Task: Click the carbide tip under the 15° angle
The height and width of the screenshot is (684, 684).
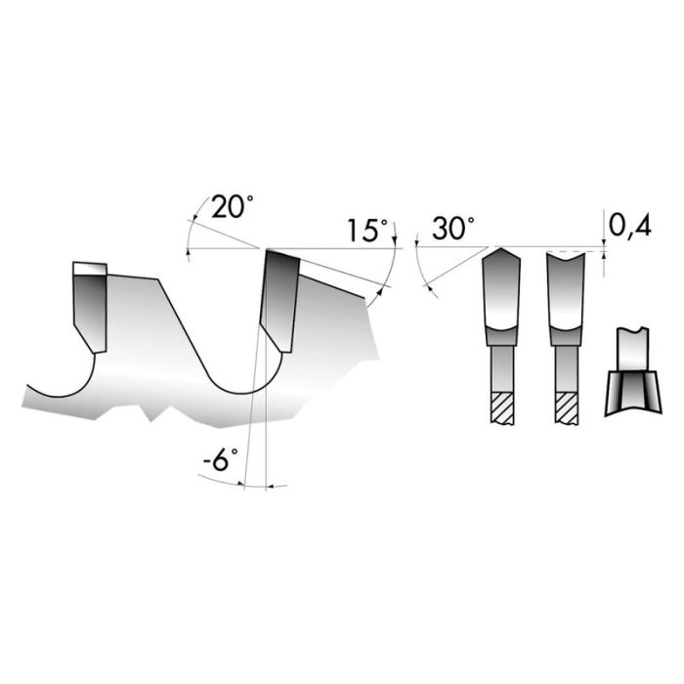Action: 280,298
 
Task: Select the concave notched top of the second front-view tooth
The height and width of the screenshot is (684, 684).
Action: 567,257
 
